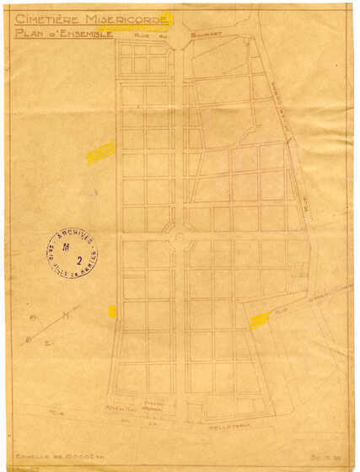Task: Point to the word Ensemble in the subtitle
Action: (x=86, y=34)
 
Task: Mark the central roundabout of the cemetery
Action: (x=179, y=239)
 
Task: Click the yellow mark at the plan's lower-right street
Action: (x=260, y=319)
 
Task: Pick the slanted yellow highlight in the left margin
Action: (x=100, y=152)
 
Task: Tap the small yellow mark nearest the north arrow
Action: (x=112, y=311)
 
